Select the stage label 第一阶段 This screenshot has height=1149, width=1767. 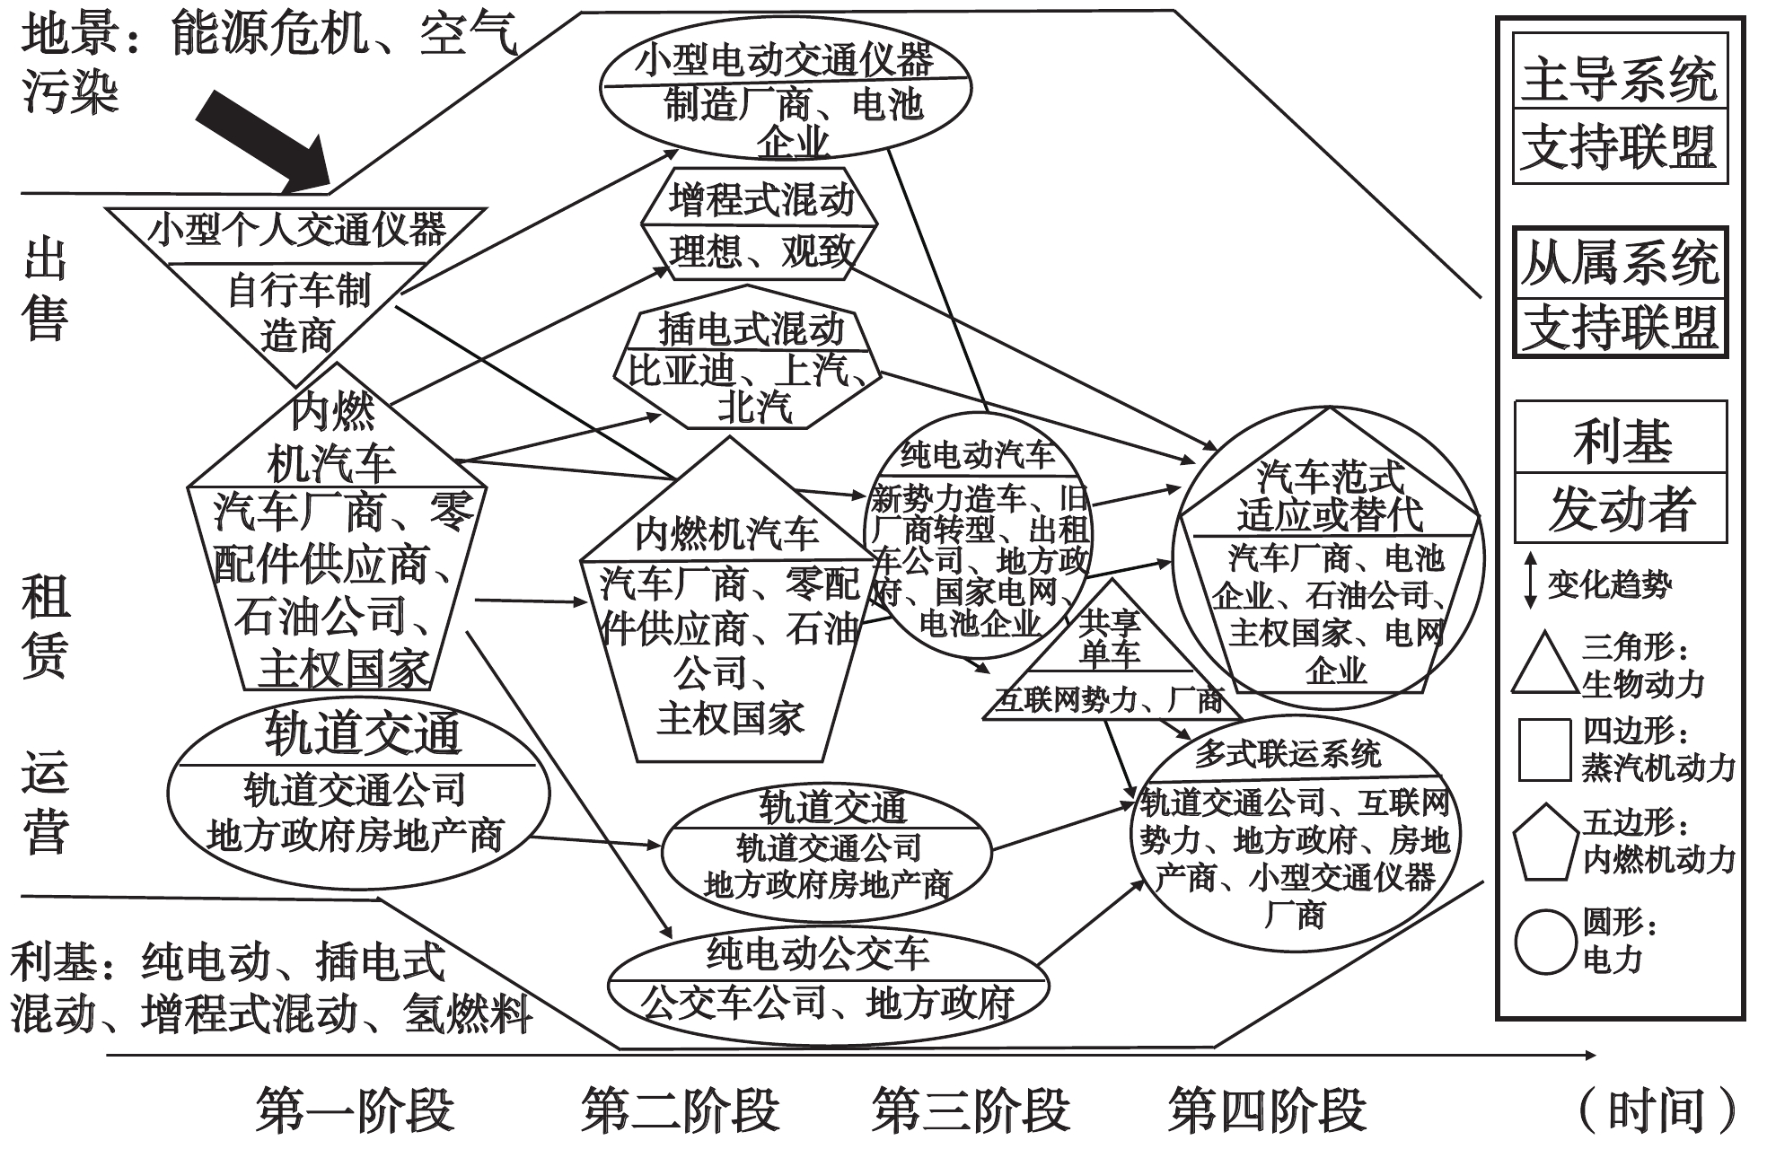[355, 1110]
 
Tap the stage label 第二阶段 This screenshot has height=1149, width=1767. [680, 1110]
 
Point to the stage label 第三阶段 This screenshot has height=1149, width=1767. [971, 1110]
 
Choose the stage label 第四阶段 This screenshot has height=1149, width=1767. [1267, 1110]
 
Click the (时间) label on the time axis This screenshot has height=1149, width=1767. [1657, 1111]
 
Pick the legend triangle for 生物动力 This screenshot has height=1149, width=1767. [1544, 664]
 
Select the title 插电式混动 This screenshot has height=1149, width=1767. [751, 329]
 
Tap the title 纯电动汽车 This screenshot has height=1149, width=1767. [978, 455]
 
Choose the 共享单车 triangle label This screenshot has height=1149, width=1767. [1110, 637]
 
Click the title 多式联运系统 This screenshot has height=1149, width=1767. [1288, 754]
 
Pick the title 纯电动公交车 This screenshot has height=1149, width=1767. [818, 952]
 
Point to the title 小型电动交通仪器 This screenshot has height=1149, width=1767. [784, 61]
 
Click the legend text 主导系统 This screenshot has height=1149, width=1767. [1620, 78]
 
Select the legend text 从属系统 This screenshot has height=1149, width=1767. [1620, 262]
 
